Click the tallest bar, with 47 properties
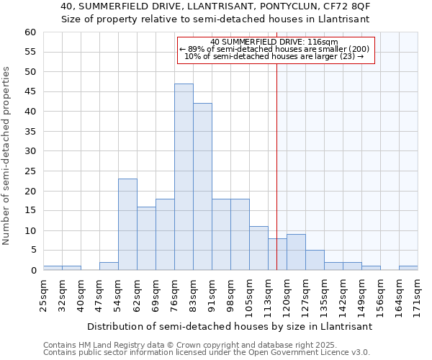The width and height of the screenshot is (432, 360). (x=184, y=177)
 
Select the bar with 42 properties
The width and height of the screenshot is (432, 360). (x=202, y=186)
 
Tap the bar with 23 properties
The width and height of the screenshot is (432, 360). (x=127, y=225)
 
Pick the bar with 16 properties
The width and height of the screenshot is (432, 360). (x=146, y=238)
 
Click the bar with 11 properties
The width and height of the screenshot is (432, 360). (x=258, y=248)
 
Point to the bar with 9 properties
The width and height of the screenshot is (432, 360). (x=296, y=252)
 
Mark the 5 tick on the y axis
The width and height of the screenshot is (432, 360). (x=32, y=251)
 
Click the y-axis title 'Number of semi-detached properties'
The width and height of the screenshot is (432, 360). (x=7, y=155)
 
